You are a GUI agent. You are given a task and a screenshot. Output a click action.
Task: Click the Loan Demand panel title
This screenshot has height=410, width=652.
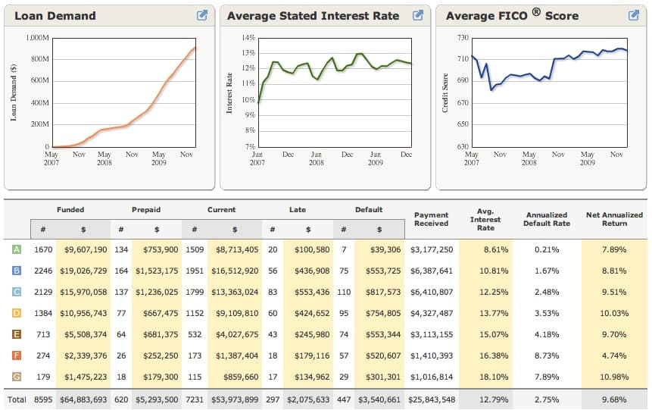tap(55, 16)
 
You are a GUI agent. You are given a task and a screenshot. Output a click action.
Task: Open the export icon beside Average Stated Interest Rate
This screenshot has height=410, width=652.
tap(416, 15)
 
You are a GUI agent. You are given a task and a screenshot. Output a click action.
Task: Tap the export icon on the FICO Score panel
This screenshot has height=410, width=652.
tap(634, 15)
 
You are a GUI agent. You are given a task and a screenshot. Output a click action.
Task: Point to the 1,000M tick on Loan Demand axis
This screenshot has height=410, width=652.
tap(37, 37)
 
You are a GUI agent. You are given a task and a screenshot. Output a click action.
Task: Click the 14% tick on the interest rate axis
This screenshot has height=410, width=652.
tap(248, 37)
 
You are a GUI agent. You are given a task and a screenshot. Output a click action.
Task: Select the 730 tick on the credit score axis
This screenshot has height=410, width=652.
tap(463, 37)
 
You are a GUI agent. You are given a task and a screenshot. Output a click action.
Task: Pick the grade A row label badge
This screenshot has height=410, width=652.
tap(16, 249)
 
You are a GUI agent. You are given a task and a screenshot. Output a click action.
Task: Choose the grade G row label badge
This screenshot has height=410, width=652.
tap(16, 377)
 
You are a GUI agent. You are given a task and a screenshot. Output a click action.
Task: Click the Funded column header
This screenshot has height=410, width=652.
tap(70, 210)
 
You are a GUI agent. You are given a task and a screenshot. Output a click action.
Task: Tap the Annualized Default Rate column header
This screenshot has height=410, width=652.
tap(547, 219)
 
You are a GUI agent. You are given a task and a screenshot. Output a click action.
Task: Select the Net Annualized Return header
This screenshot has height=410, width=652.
tap(614, 219)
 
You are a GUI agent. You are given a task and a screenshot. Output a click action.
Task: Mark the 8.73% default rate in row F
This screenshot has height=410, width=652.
tap(547, 355)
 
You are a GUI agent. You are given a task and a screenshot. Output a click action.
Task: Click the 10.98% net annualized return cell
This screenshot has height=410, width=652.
tap(614, 377)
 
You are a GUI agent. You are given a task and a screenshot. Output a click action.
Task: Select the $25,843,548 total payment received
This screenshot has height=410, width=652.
tap(432, 399)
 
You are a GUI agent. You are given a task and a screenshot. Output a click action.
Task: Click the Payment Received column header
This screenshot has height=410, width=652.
tap(432, 219)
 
